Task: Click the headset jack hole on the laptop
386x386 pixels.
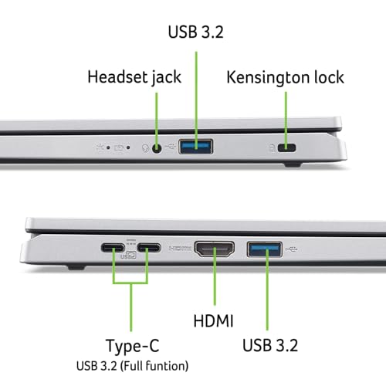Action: [159, 146]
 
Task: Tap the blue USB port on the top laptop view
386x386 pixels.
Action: [196, 145]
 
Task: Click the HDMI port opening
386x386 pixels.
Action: [215, 249]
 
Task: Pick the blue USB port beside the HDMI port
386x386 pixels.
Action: [265, 249]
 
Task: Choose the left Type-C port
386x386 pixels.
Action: [113, 249]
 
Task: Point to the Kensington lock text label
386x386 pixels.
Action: [285, 77]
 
